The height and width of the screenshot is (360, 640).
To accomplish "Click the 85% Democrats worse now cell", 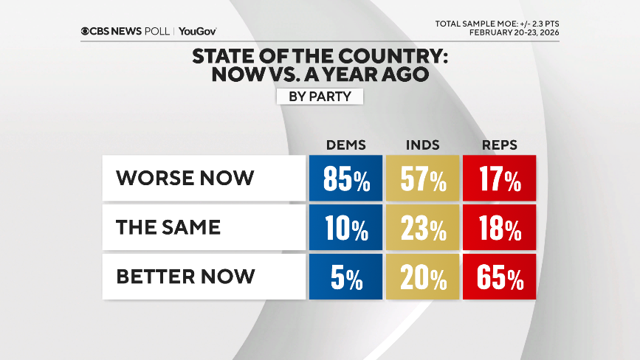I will (345, 178).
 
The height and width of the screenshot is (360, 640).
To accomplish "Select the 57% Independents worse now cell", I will (422, 178).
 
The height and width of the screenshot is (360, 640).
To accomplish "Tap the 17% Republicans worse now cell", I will (499, 178).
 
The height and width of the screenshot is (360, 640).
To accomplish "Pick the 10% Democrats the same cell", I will (345, 227).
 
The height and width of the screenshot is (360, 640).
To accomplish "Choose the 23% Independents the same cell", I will (422, 227).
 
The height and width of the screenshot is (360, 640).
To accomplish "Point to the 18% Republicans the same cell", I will (499, 227).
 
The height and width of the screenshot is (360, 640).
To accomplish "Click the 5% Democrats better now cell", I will (345, 277).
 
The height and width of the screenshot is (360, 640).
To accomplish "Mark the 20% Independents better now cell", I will (422, 277).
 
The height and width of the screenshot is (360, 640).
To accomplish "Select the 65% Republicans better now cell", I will (499, 277).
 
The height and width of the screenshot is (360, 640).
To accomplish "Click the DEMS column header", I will (345, 145).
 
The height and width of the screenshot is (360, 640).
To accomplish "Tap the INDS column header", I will (422, 145).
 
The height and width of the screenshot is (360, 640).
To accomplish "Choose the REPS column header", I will (498, 145).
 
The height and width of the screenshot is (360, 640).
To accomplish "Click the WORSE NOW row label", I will (185, 178).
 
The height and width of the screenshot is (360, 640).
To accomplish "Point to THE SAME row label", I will (168, 227).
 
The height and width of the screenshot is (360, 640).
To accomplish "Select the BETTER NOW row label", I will (185, 277).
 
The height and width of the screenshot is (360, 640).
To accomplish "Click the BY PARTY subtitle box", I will (320, 96).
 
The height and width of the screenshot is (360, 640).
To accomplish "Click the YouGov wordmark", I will (197, 31).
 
